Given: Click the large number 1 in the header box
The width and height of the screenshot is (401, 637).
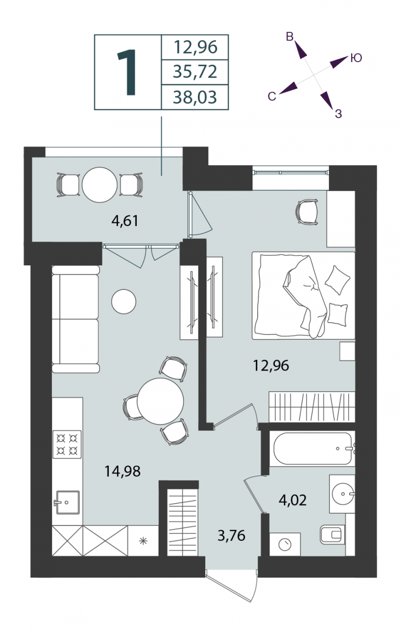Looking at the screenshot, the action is pos(127,72).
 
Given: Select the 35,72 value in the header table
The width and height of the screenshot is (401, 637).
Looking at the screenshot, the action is pos(195,72).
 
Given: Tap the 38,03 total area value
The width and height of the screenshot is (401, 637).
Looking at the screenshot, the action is pos(195,97).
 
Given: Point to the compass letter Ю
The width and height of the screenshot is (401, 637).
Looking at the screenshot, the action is pos(356,58).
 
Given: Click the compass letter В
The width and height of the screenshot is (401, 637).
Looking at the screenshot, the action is pos(290,37).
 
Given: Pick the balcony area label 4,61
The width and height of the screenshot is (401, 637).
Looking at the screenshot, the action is pos(125,221).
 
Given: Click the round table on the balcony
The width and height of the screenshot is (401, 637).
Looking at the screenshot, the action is pos(100,185).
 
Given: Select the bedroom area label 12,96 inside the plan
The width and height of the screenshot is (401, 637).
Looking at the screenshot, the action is pos(271,365).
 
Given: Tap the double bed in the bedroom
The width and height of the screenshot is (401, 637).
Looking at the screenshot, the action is pos(303,296).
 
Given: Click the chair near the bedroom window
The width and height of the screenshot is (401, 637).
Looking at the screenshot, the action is pos(307,212).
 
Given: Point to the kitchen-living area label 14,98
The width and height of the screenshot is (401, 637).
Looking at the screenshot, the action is pos(123,471).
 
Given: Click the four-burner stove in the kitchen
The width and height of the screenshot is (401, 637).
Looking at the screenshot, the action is pos(67,444).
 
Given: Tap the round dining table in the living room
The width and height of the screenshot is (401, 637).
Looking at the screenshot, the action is pos(160,401).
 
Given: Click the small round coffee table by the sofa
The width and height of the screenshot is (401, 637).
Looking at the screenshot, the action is pos(124,302).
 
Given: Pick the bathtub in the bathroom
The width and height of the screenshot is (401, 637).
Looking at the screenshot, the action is pos(312,449).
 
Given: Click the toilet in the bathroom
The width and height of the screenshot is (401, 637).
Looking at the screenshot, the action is pos(332,534).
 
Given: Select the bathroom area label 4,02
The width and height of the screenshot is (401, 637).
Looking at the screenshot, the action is pos(292,500).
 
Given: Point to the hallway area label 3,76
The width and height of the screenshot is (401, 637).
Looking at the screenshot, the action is pos(231,536).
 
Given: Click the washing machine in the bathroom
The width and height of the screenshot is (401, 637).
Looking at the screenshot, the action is pos(285,544).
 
